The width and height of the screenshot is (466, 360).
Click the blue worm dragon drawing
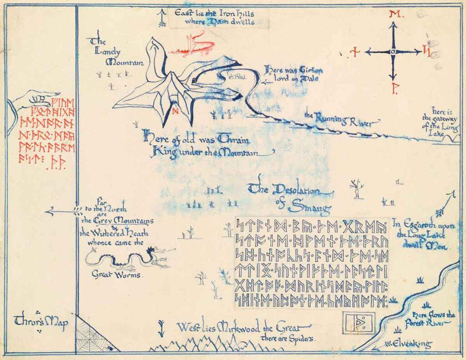point(130,259)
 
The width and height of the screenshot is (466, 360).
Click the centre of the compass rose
point(392,52)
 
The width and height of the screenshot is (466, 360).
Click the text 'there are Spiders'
point(289,338)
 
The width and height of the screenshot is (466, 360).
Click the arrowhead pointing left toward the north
point(50,211)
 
